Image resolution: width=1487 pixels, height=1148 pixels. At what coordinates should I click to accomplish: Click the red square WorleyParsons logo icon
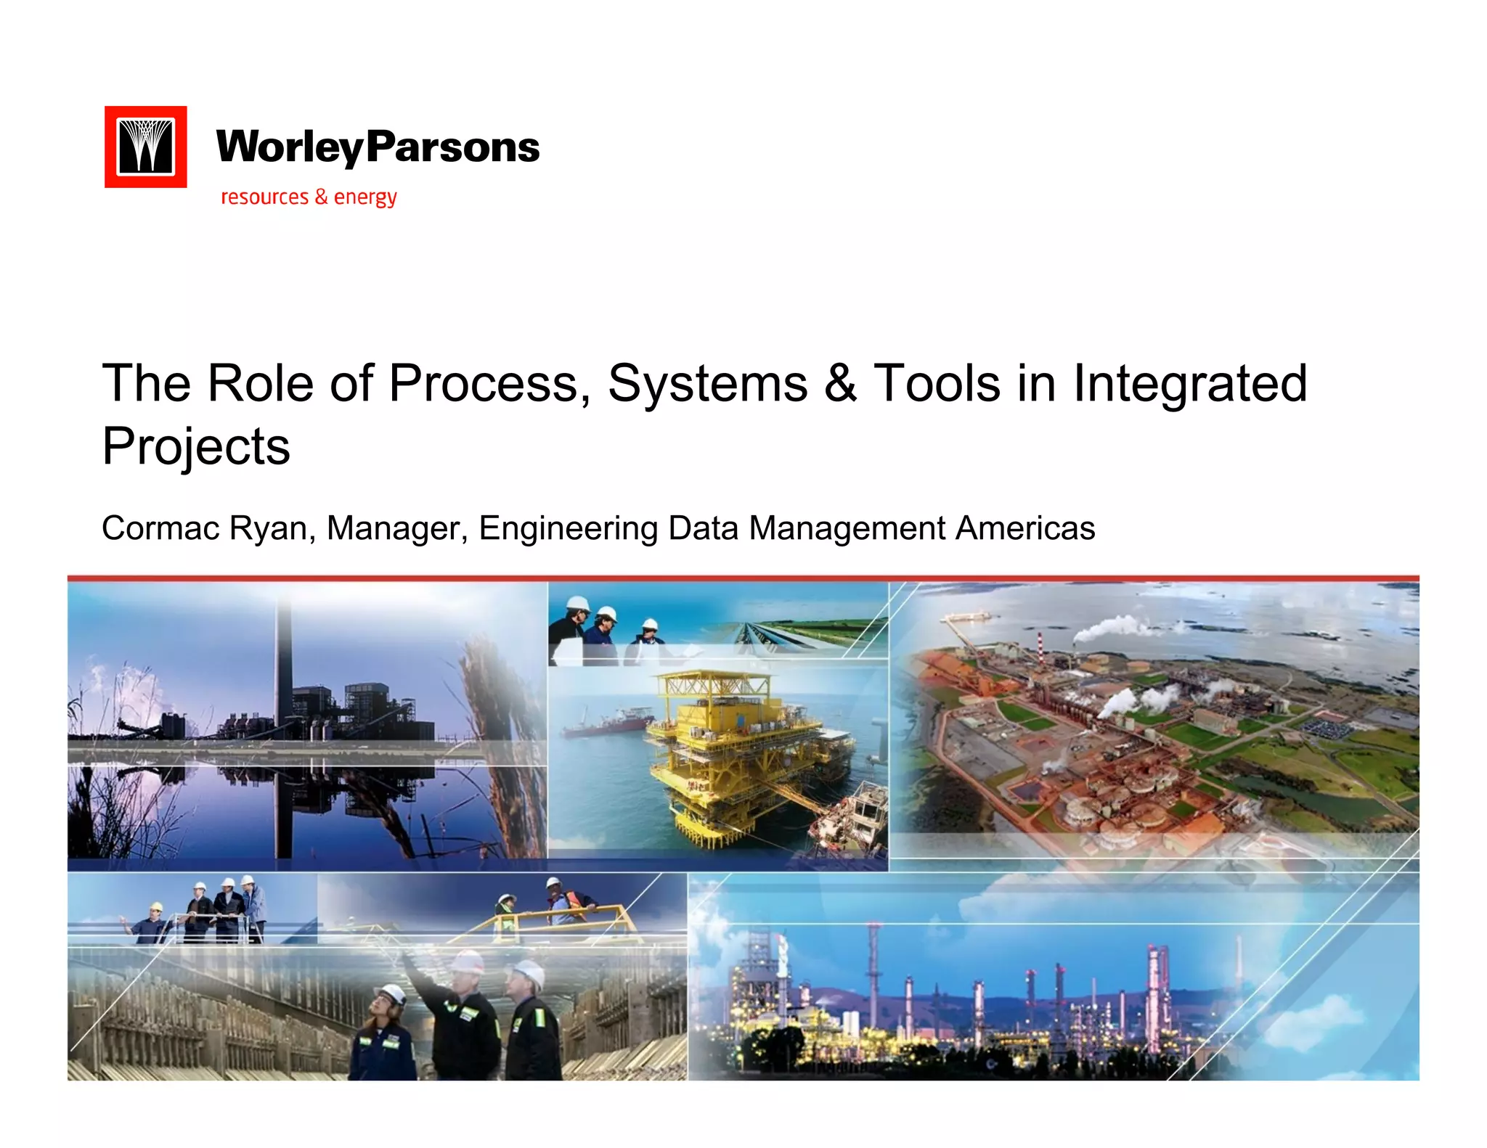pyautogui.click(x=145, y=147)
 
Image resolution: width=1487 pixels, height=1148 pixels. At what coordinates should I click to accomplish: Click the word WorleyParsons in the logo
pyautogui.click(x=378, y=147)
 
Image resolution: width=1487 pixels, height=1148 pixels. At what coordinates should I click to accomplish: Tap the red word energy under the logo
pyautogui.click(x=365, y=197)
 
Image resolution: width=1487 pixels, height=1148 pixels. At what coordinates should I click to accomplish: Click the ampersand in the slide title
pyautogui.click(x=840, y=383)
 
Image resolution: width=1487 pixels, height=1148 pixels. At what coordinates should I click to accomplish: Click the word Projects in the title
pyautogui.click(x=196, y=446)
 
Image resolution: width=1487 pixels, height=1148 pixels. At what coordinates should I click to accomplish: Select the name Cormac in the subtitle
pyautogui.click(x=160, y=528)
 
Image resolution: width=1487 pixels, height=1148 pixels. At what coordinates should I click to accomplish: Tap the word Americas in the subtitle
pyautogui.click(x=1024, y=528)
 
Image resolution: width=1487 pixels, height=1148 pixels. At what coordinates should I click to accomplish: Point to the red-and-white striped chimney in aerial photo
pyautogui.click(x=1040, y=643)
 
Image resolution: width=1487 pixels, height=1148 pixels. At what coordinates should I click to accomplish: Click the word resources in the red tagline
pyautogui.click(x=265, y=197)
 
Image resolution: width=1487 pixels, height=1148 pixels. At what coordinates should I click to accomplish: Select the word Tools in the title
pyautogui.click(x=937, y=383)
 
